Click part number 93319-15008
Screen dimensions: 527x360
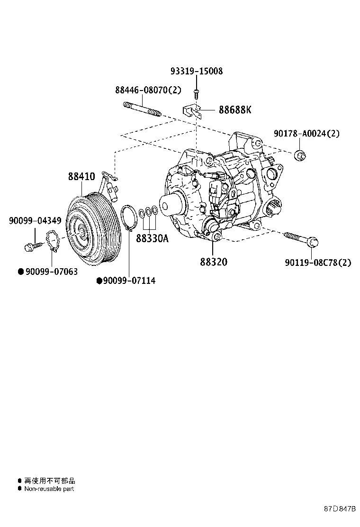[196, 72]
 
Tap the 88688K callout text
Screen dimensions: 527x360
[234, 110]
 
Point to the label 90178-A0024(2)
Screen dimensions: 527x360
[306, 134]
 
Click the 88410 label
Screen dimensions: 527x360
[81, 176]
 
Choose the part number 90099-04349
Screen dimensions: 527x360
[35, 220]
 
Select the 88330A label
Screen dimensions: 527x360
[152, 238]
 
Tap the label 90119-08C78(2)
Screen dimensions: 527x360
[318, 262]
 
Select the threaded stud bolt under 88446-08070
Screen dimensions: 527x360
[142, 109]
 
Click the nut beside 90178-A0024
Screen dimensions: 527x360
[300, 155]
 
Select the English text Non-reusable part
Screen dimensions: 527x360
[49, 489]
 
